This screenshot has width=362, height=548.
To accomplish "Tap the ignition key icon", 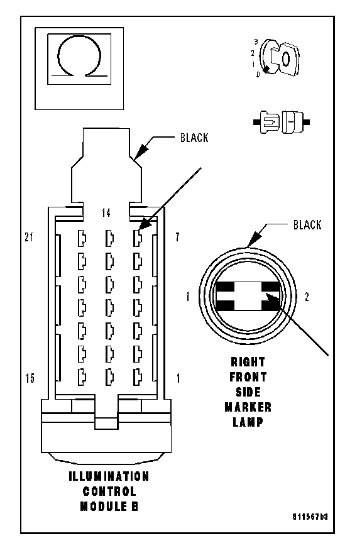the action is click(280, 57).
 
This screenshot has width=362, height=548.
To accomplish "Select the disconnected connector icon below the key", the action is click(282, 122).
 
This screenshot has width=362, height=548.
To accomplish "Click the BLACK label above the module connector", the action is click(194, 138).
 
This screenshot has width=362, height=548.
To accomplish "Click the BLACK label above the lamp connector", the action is click(307, 225).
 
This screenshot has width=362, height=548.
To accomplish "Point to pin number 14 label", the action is click(106, 212).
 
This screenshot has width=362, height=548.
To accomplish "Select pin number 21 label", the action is click(29, 237).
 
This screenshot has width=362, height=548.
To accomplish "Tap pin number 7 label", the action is click(177, 237).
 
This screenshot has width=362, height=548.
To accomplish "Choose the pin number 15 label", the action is click(30, 378).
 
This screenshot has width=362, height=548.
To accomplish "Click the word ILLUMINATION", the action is click(109, 476).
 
